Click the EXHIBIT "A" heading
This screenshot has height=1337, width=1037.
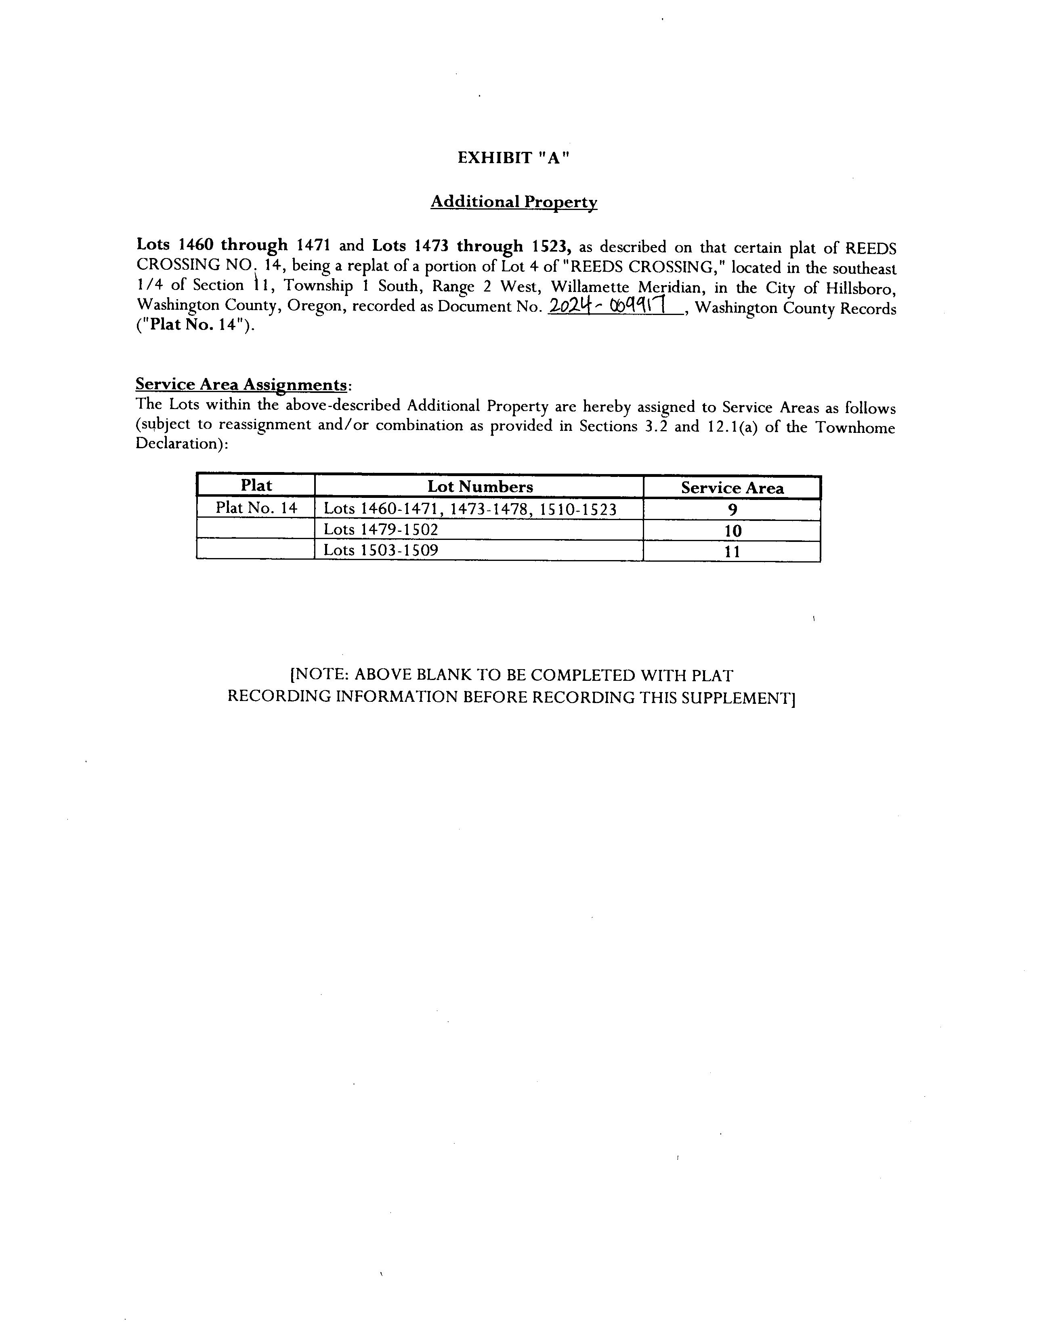point(513,158)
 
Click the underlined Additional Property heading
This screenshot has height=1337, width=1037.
point(514,202)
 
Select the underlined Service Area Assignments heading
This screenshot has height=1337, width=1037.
point(242,384)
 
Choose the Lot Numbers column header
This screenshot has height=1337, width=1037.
point(479,487)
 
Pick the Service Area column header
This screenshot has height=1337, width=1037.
point(732,488)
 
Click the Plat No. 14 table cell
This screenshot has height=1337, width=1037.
point(256,508)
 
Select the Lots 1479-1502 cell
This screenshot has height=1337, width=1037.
point(381,529)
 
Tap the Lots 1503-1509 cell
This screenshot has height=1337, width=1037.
point(381,550)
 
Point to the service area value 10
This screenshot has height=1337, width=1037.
point(732,531)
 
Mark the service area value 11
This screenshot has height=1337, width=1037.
point(732,552)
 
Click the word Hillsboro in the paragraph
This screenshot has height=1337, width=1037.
point(861,288)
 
